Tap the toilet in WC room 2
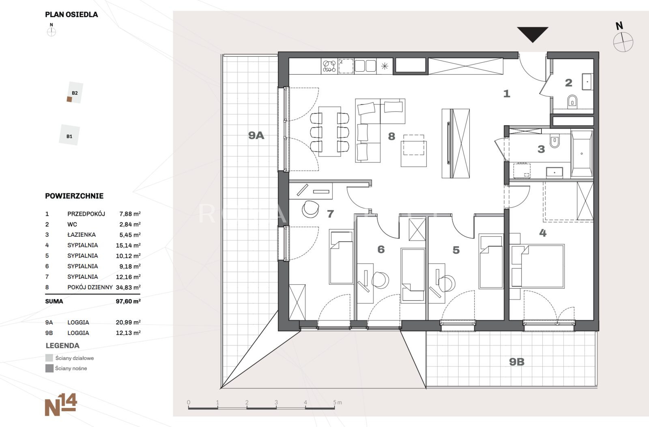[572, 101]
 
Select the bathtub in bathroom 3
[582, 154]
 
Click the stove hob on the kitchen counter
[329, 66]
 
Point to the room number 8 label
[391, 136]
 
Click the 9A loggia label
[256, 135]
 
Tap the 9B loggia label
[517, 362]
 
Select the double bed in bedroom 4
[537, 266]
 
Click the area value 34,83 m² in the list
[128, 288]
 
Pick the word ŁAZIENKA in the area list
[82, 235]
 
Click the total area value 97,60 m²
[128, 301]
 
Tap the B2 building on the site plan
[75, 93]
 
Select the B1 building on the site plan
[69, 135]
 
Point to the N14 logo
[61, 405]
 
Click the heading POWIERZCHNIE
[74, 196]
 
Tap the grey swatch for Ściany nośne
[49, 369]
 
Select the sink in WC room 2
[587, 82]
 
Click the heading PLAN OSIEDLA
[71, 15]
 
